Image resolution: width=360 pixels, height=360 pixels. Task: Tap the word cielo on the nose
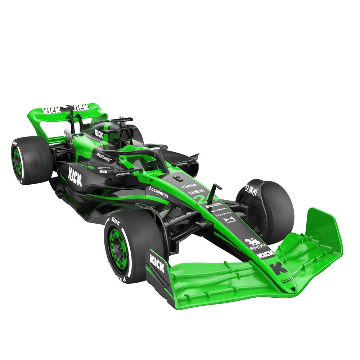coord(189,186)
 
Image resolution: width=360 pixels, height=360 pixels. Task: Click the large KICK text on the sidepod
coord(75,176)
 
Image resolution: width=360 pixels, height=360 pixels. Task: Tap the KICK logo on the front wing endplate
coord(157,263)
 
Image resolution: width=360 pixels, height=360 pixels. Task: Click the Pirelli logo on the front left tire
coord(115,220)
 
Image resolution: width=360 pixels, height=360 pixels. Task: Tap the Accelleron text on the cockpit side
coord(158,192)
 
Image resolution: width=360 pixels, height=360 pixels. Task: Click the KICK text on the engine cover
coord(99,134)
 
